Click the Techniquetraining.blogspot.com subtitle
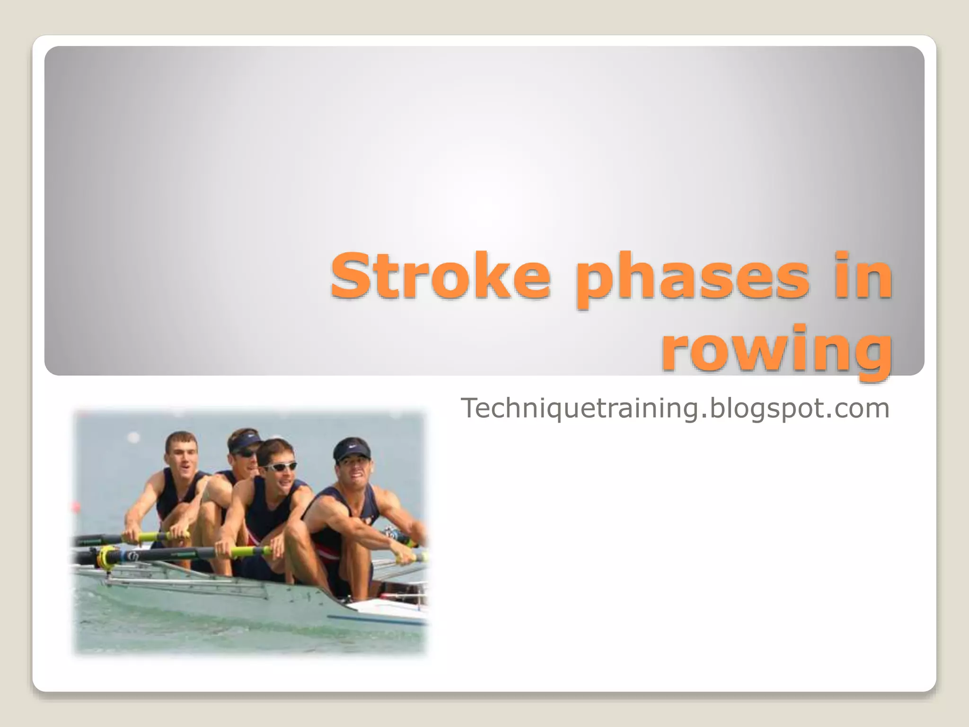tap(675, 408)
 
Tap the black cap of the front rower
tap(351, 448)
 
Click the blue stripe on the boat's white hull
tap(379, 620)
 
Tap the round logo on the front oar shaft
tap(133, 556)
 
